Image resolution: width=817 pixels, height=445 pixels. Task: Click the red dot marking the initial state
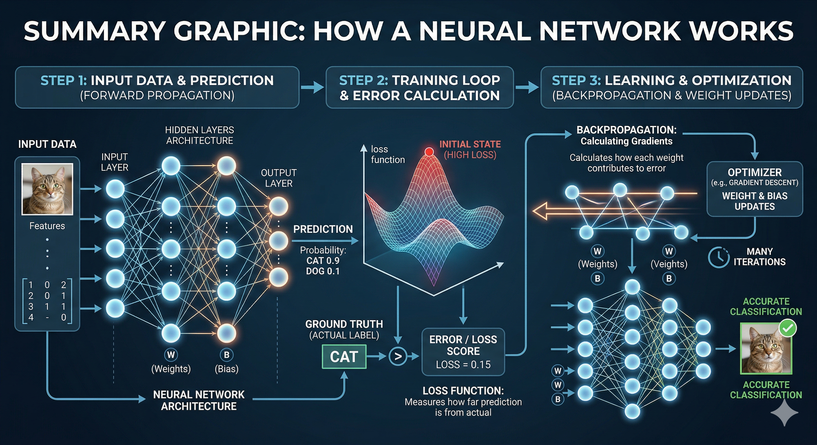[x=429, y=152]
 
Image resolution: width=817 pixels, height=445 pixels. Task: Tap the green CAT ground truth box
[x=344, y=357]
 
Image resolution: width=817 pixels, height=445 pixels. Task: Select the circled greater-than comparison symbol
[x=398, y=357]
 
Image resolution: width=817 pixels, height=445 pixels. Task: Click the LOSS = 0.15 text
[x=463, y=364]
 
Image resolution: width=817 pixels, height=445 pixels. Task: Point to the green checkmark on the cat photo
[x=787, y=329]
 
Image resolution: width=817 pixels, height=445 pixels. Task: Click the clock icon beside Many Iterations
[x=718, y=257]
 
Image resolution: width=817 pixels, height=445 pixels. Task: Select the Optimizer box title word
[x=755, y=172]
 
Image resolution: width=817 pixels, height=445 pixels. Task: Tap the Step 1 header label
[x=64, y=81]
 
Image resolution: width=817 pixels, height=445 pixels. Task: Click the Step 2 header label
[x=364, y=81]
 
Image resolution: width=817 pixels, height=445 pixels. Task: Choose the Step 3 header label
[x=576, y=81]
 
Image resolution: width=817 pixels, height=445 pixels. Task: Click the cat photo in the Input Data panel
[x=47, y=189]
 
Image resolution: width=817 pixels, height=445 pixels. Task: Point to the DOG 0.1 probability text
[x=323, y=271]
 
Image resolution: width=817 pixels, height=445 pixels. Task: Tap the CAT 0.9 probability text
[x=323, y=261]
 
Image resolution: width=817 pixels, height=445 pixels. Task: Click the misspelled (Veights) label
[x=669, y=264]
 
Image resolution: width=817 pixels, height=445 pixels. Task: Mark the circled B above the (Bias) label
[x=227, y=355]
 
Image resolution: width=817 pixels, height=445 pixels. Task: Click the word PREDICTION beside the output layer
[x=323, y=229]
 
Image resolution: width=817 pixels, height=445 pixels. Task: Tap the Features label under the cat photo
[x=47, y=226]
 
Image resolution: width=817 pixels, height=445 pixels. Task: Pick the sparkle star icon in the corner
[x=784, y=412]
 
